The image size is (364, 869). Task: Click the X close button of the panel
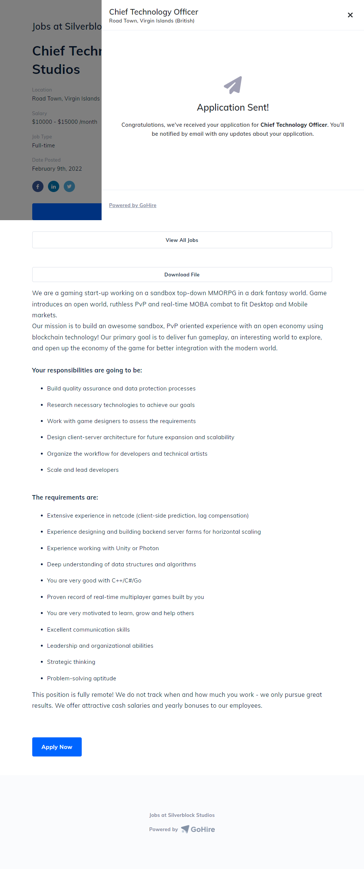point(350,15)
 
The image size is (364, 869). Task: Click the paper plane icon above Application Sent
point(233,85)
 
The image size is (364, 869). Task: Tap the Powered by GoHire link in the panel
point(133,205)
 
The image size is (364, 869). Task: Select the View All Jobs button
point(182,240)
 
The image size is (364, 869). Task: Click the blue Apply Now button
point(57,747)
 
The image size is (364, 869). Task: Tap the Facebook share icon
point(38,186)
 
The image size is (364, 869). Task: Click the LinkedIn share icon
point(54,186)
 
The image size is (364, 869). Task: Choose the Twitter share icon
point(69,186)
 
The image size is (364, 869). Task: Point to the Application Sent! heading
point(233,108)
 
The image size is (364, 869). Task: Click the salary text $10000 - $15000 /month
point(64,122)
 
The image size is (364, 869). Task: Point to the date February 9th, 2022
point(57,169)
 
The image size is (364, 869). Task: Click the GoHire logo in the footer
point(198,829)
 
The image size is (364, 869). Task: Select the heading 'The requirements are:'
point(65,497)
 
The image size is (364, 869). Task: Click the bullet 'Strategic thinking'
point(71,662)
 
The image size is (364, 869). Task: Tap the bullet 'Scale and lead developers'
point(83,470)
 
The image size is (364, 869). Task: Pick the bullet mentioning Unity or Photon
point(103,548)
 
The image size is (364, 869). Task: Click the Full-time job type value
point(43,146)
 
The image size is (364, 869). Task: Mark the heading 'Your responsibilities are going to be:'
point(87,370)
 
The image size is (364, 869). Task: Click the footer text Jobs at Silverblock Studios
point(182,815)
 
